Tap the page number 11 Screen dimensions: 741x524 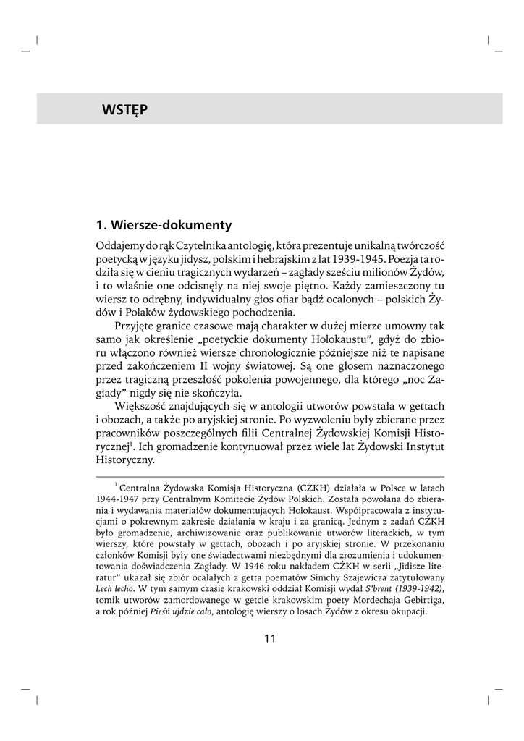pos(270,638)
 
